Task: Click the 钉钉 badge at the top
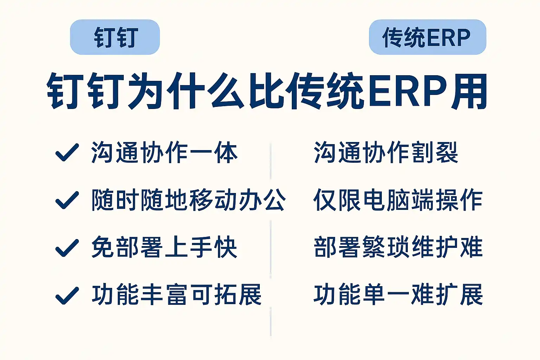click(115, 37)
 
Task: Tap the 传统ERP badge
click(427, 37)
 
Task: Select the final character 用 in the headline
click(469, 91)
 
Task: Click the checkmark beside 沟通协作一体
click(67, 152)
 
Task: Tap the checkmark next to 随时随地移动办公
click(67, 200)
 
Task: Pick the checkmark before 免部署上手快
click(67, 248)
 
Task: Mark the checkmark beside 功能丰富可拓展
click(67, 296)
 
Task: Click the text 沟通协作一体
click(165, 152)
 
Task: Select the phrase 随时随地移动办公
click(189, 200)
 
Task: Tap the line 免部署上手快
click(165, 247)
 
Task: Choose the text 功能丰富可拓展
click(177, 295)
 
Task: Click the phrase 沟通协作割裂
click(386, 152)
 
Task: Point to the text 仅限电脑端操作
click(398, 200)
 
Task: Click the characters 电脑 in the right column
click(386, 200)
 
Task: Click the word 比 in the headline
click(266, 91)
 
